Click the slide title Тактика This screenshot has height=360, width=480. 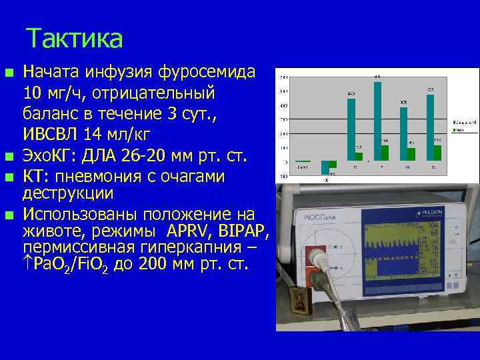coord(75,39)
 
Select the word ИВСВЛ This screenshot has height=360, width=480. coord(54,132)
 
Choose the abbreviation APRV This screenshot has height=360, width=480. coord(193,231)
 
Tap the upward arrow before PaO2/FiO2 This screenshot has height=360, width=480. coord(29,264)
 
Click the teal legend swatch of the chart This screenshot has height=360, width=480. coord(453,123)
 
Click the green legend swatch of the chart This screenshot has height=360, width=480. coord(453,131)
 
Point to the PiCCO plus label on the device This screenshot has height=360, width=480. coord(319,217)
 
